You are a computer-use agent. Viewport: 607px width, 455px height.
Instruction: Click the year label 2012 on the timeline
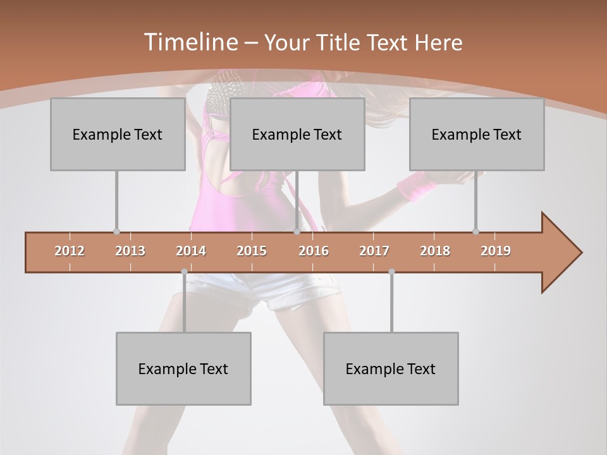click(x=70, y=251)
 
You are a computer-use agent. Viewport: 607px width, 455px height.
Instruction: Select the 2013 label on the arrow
click(x=130, y=251)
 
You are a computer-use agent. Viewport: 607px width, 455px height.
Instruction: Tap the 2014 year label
click(x=191, y=251)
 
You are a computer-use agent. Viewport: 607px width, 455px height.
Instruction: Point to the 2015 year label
click(x=252, y=251)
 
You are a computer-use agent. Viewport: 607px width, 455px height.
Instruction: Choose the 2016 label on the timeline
click(x=314, y=251)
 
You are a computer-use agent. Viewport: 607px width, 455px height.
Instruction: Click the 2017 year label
click(x=374, y=251)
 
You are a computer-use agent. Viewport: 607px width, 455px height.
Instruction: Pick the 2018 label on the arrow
click(x=435, y=251)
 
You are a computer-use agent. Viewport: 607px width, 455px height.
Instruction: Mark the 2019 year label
click(x=496, y=251)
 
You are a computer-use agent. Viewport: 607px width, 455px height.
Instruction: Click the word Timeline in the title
click(x=190, y=42)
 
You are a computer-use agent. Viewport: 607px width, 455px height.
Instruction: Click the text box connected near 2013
click(x=118, y=134)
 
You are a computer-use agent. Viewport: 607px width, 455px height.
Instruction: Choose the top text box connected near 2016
click(x=297, y=134)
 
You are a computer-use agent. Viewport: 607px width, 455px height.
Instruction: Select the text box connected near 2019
click(x=477, y=134)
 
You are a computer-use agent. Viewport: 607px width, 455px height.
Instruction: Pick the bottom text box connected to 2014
click(x=183, y=368)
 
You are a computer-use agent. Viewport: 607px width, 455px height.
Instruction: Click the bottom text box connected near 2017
click(x=391, y=368)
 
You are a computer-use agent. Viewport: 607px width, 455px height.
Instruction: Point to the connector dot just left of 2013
click(x=116, y=232)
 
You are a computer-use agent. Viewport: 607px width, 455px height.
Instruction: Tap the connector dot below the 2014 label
click(x=184, y=272)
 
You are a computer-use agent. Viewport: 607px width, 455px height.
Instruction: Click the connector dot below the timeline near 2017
click(x=391, y=272)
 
